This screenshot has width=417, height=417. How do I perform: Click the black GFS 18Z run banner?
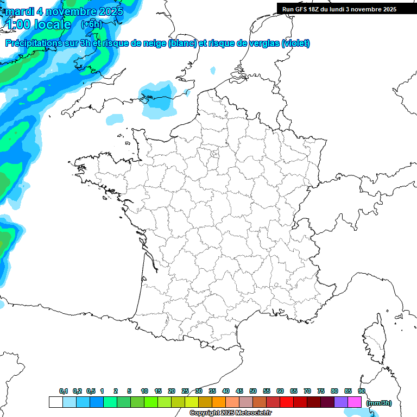[x=346, y=9]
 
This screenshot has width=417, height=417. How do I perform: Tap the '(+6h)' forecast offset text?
[x=91, y=24]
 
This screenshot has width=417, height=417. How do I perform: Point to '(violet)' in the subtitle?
[x=295, y=43]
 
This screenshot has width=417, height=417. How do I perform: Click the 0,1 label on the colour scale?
[x=64, y=391]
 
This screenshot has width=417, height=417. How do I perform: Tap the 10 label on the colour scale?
[x=144, y=391]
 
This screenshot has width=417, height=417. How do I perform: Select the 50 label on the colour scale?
[x=253, y=391]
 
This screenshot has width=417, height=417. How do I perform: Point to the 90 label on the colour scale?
[x=361, y=391]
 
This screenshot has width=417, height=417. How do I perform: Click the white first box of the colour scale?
[x=55, y=402]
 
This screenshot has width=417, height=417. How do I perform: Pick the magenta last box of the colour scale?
[x=355, y=402]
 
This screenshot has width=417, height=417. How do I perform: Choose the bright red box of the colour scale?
[x=287, y=402]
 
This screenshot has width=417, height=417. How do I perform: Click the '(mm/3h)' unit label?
[x=379, y=402]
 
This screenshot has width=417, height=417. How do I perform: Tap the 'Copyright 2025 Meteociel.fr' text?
[x=231, y=413]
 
